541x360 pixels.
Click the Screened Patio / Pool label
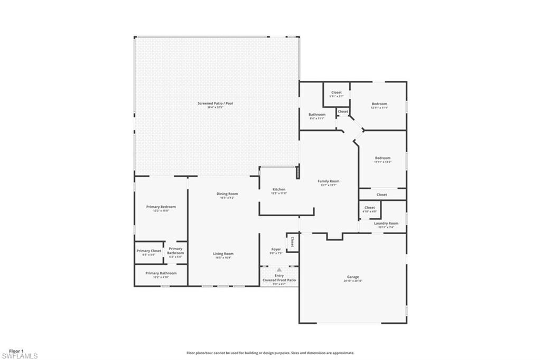[215, 104]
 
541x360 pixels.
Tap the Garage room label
[353, 277]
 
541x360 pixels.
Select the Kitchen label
[279, 189]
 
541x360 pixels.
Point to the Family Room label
[328, 181]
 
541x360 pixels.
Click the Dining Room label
[227, 194]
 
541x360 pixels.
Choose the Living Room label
[223, 254]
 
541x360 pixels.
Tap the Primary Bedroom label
[161, 207]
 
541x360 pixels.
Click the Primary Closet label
[148, 251]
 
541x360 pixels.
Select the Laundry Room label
[386, 224]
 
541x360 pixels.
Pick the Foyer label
[276, 250]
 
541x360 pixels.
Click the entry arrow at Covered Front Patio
[279, 270]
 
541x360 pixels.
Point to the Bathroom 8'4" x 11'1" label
[317, 115]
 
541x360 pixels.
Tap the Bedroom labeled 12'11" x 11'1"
[379, 104]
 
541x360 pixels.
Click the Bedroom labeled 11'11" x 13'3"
[383, 158]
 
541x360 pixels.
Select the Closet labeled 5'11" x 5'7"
[336, 93]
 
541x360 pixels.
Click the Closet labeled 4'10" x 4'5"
[369, 208]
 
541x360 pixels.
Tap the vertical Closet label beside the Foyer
[292, 242]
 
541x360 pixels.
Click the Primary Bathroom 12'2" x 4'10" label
[161, 273]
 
